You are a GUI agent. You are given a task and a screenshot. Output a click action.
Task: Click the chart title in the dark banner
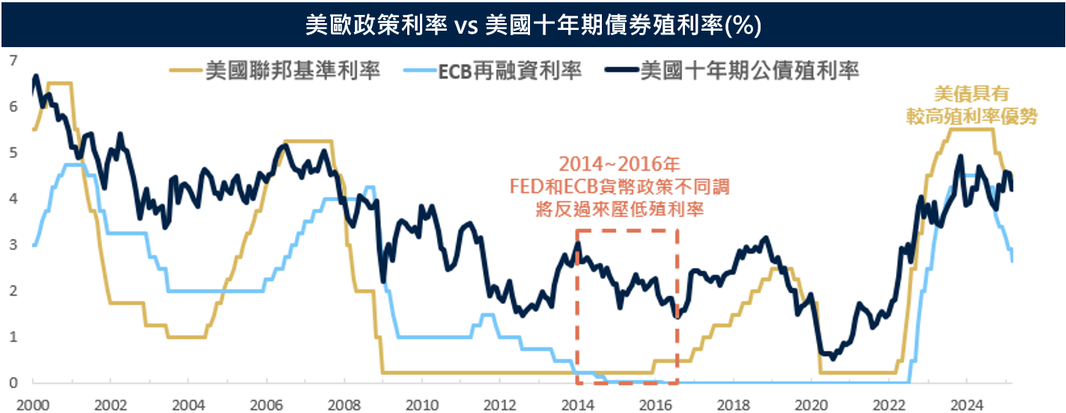(533, 25)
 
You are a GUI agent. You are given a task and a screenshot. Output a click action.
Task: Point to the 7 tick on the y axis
(13, 60)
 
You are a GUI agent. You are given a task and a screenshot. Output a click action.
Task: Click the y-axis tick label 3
(13, 245)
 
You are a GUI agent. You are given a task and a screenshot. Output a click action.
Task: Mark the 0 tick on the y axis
(13, 383)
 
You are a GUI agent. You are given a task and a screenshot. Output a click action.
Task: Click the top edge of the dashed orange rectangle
(627, 230)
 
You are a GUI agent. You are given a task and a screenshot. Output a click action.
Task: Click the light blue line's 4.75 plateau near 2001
(75, 164)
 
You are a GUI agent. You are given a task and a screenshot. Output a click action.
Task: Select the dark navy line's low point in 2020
(832, 358)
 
